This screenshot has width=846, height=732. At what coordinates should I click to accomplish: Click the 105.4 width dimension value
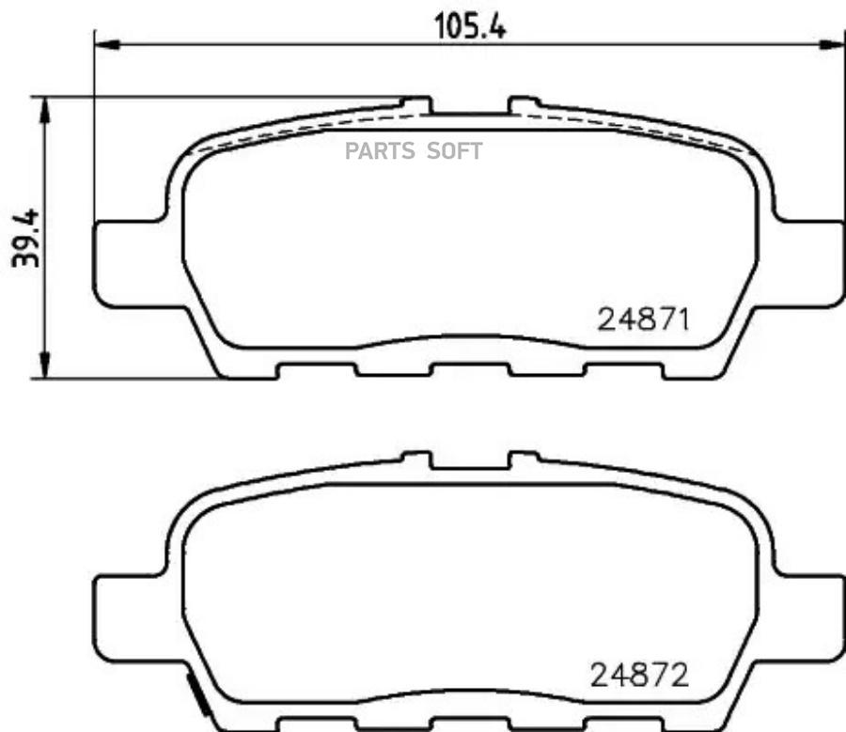point(469,26)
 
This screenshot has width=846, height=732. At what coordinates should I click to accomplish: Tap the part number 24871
point(645,320)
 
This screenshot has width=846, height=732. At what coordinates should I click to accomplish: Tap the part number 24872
point(639,674)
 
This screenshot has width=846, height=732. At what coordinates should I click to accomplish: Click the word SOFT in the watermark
point(454,151)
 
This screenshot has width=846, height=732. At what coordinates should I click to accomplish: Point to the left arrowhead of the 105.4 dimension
point(104,43)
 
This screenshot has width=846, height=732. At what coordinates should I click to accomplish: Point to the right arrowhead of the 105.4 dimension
point(835,43)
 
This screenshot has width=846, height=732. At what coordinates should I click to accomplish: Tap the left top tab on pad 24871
point(416,102)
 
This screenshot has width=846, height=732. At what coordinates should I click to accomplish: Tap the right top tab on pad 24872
point(524,458)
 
